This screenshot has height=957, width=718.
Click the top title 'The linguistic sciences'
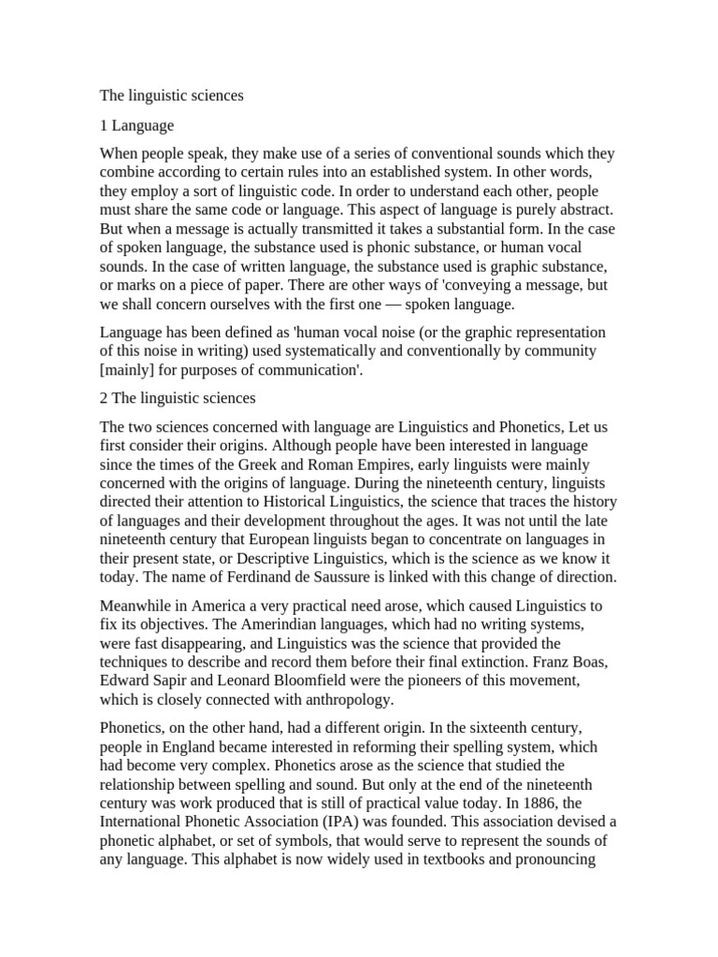click(171, 96)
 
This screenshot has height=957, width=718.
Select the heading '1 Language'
click(136, 125)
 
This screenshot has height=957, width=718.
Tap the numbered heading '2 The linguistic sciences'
click(178, 398)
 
